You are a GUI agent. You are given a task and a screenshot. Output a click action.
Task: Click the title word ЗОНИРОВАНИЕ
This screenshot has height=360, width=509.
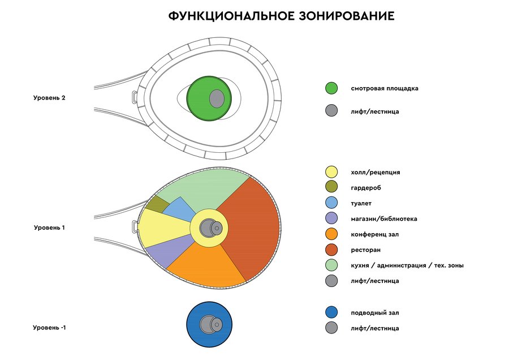[x=346, y=16]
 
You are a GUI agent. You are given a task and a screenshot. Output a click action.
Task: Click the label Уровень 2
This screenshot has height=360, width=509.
[x=49, y=98]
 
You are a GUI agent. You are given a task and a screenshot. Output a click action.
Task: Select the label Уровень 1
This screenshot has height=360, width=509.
[x=49, y=228]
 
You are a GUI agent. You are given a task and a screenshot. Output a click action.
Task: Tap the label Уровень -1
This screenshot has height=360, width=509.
[x=49, y=328]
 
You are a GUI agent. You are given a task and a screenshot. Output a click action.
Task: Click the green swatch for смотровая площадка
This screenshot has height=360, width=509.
[x=331, y=88]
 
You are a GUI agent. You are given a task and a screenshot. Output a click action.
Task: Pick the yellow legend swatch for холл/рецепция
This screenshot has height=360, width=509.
[x=331, y=172]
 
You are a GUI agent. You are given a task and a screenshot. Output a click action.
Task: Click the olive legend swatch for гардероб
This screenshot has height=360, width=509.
[x=331, y=186]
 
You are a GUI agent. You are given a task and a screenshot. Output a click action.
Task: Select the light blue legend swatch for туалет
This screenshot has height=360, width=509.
[x=331, y=203]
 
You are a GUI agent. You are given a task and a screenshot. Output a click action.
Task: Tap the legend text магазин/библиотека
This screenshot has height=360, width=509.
[x=383, y=219]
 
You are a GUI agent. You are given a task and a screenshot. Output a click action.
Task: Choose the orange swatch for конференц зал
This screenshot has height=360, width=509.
[x=331, y=234]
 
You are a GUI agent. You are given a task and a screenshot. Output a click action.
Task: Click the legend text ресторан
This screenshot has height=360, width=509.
[x=365, y=250]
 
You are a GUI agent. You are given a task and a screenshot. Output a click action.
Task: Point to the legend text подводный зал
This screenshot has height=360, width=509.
[x=375, y=313]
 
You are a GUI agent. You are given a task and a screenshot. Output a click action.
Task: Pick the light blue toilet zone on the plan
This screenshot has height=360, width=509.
[x=180, y=209]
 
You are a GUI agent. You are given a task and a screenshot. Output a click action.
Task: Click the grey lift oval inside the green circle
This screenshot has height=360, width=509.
[x=217, y=98]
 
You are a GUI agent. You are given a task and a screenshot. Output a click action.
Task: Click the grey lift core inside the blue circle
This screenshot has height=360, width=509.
[x=210, y=324]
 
